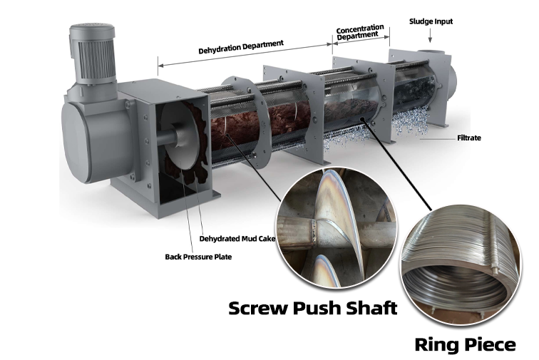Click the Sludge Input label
(431, 21)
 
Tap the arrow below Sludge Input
(430, 36)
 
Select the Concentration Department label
(359, 32)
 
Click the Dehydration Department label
(241, 47)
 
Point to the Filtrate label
(469, 138)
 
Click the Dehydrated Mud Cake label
(237, 239)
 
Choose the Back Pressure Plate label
(198, 257)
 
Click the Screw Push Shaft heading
(313, 308)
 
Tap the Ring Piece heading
(465, 344)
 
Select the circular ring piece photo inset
(461, 264)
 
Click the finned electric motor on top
(93, 55)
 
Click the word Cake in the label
(268, 239)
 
